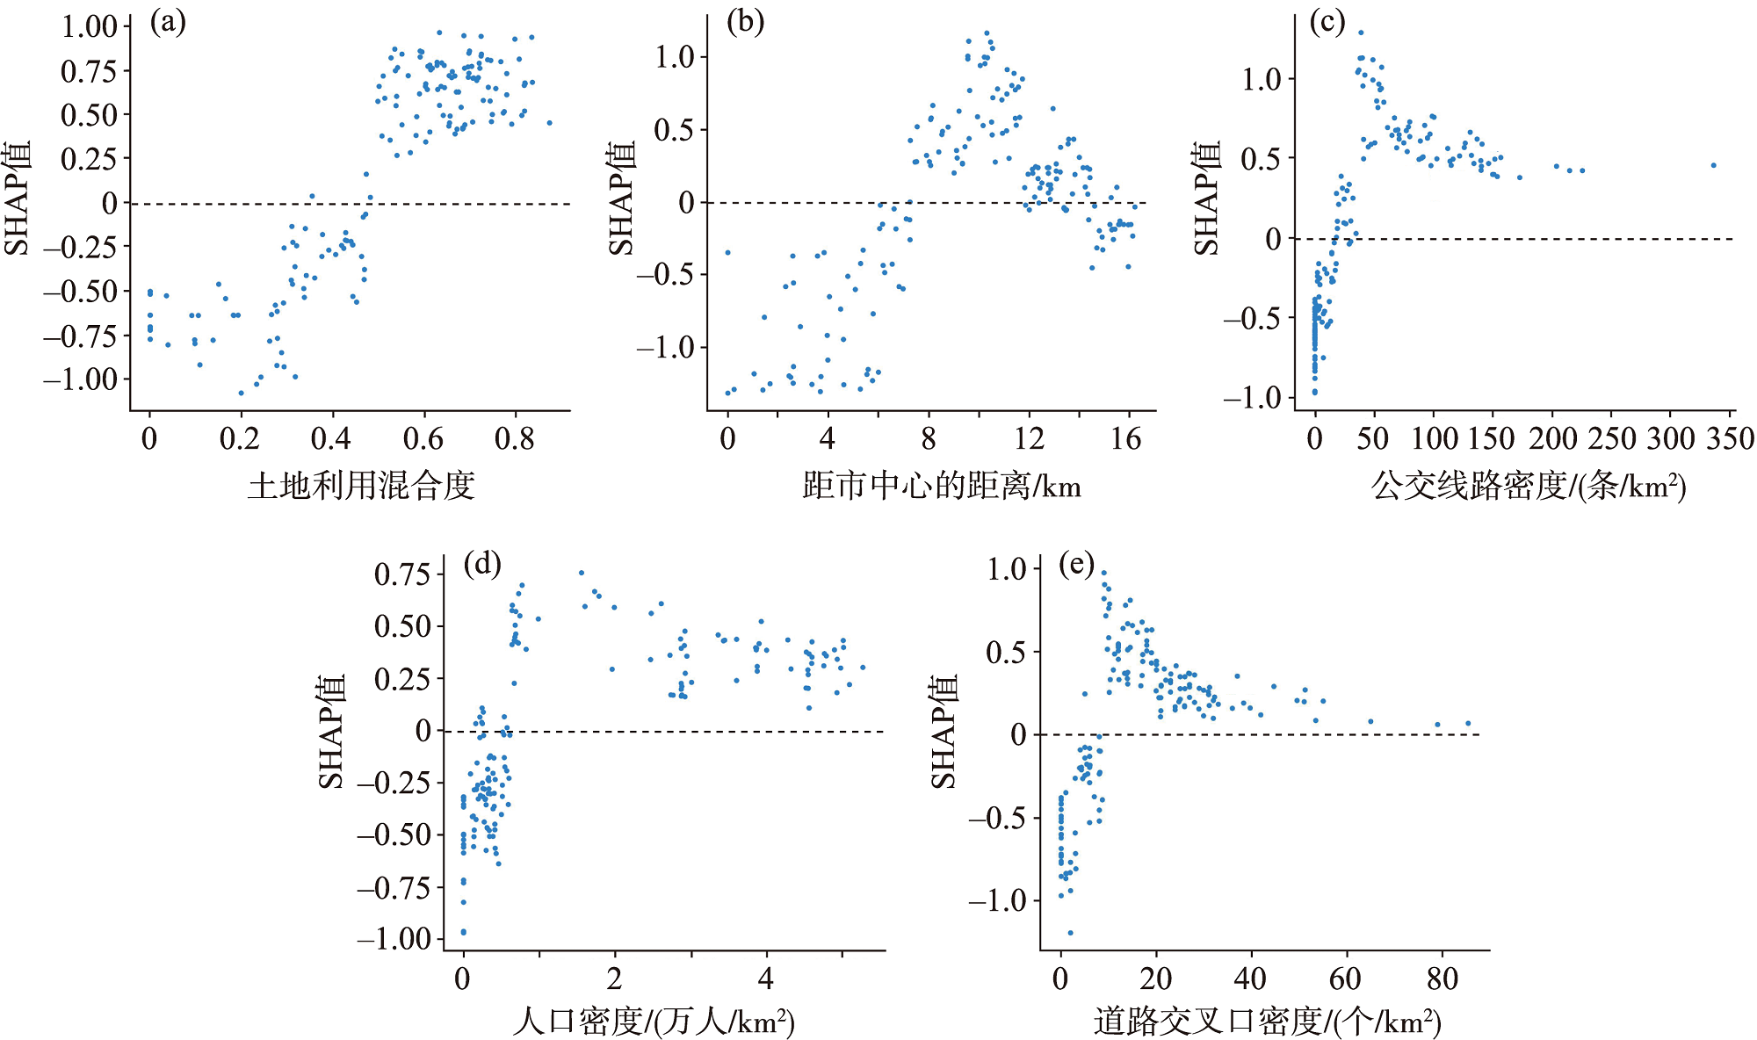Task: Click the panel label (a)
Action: click(168, 22)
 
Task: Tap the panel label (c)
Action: click(1327, 22)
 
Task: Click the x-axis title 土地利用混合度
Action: click(361, 485)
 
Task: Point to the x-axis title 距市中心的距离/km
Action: click(942, 485)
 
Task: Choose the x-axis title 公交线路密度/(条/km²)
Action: click(1529, 485)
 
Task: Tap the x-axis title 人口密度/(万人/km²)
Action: click(654, 1021)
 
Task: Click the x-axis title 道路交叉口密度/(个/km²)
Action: click(1268, 1021)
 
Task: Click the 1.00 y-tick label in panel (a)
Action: click(89, 26)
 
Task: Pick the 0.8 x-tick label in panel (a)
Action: click(514, 437)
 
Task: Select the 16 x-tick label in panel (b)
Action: click(1125, 437)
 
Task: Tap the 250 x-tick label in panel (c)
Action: click(1611, 437)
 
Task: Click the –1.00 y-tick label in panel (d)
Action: click(394, 938)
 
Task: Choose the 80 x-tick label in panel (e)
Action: click(1442, 978)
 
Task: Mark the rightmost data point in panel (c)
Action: click(1713, 165)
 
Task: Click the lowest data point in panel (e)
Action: click(1070, 933)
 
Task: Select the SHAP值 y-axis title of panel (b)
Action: click(621, 199)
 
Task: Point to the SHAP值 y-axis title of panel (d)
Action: click(330, 732)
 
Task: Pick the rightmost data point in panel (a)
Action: click(550, 123)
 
